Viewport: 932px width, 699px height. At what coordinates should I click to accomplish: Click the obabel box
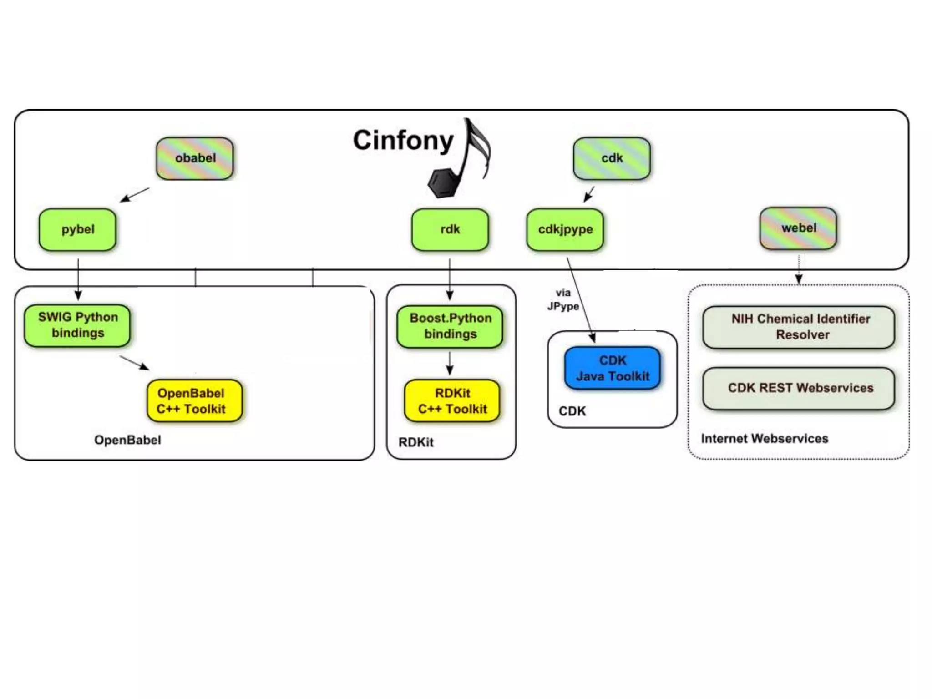click(x=195, y=158)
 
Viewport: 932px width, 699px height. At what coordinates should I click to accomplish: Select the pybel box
click(x=78, y=229)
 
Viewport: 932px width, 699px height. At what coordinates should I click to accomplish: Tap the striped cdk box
click(x=612, y=158)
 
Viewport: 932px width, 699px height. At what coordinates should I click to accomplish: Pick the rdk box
click(x=450, y=229)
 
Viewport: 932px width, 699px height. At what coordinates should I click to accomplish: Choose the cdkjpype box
click(x=565, y=229)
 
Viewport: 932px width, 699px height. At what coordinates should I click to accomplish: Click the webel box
click(x=798, y=228)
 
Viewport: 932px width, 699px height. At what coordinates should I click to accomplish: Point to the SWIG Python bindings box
click(x=77, y=325)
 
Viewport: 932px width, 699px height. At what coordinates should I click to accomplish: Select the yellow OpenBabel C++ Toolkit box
click(x=194, y=400)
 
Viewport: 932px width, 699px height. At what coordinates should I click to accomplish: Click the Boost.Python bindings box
click(x=450, y=326)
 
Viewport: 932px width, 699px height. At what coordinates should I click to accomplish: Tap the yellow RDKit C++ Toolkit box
click(x=452, y=400)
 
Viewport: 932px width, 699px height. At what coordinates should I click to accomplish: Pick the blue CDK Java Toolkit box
click(x=613, y=368)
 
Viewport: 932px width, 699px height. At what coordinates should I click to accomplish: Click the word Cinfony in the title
click(x=403, y=140)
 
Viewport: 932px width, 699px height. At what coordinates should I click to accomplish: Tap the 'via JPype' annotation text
click(x=563, y=299)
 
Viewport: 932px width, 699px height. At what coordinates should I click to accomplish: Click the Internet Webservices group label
click(x=765, y=439)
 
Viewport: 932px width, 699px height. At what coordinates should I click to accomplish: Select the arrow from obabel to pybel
click(x=135, y=194)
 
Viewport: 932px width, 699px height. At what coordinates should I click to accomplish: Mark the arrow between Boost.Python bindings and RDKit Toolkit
click(x=450, y=363)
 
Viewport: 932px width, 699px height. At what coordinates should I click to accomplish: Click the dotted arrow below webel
click(x=799, y=269)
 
